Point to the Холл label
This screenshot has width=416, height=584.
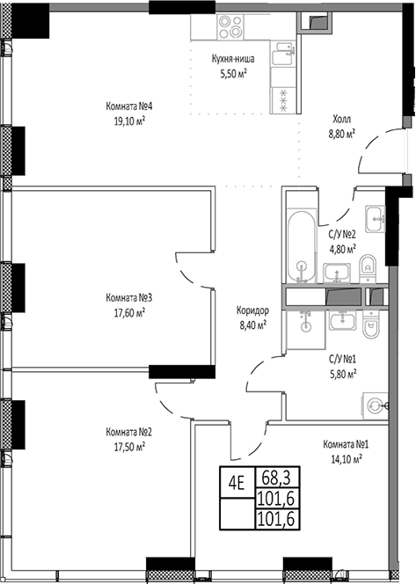pyautogui.click(x=342, y=121)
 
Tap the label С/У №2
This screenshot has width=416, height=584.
pyautogui.click(x=342, y=235)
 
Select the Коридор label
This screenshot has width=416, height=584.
pyautogui.click(x=252, y=310)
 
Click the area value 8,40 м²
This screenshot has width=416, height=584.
pyautogui.click(x=252, y=324)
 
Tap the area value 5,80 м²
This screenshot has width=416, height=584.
pyautogui.click(x=342, y=373)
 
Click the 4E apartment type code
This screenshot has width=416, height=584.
pyautogui.click(x=237, y=481)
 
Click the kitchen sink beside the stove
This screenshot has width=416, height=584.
pyautogui.click(x=283, y=57)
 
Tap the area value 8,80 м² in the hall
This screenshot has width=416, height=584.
pyautogui.click(x=342, y=135)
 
